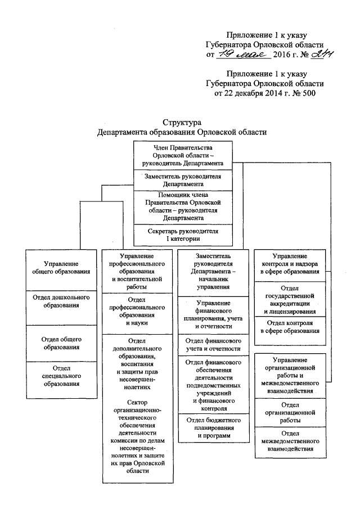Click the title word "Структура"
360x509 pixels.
tap(182, 122)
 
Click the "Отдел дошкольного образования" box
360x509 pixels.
tap(61, 301)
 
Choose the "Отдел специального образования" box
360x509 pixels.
tap(61, 376)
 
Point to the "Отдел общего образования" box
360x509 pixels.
tap(61, 343)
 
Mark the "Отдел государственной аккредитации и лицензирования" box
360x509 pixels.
tap(290, 299)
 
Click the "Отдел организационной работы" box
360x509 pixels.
tap(290, 412)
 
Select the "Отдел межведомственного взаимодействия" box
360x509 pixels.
tap(290, 442)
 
